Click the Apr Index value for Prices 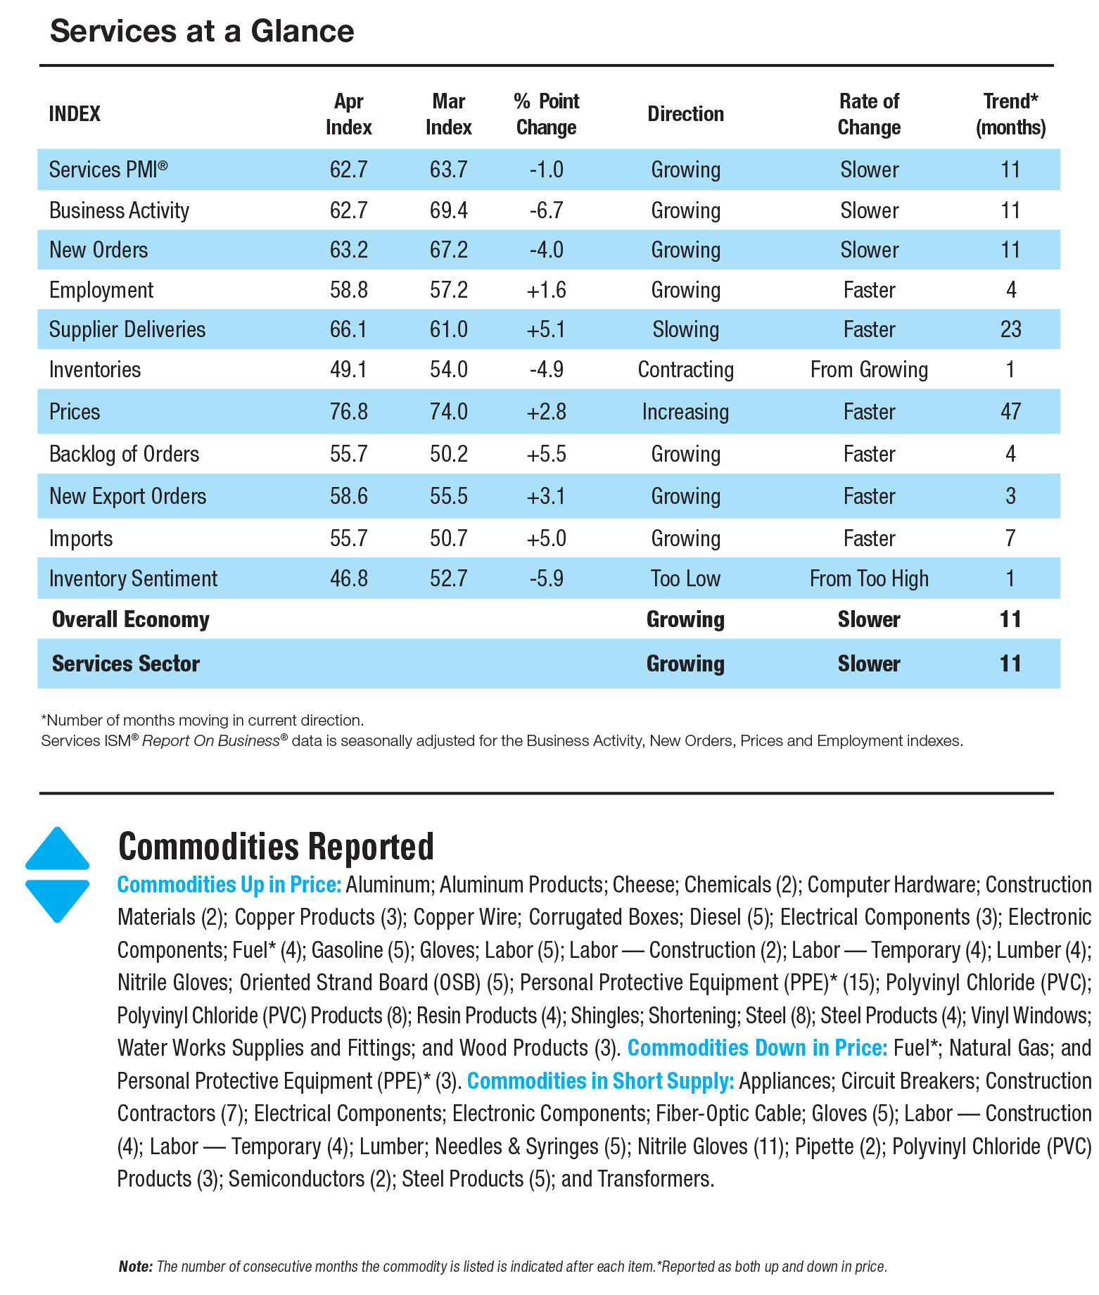coord(348,412)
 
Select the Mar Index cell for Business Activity coord(448,210)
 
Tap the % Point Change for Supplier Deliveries coord(546,329)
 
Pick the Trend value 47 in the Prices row coord(1010,412)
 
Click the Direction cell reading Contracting coord(685,369)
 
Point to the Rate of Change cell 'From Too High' coord(869,579)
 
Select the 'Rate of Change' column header coord(869,114)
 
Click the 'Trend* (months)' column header coord(1010,114)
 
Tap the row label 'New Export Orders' coord(127,496)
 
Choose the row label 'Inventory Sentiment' coord(133,579)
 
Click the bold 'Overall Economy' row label coord(131,619)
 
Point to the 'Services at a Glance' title coord(202,31)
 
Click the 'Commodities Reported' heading coord(276,847)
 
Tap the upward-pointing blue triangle coord(57,850)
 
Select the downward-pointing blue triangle coord(57,899)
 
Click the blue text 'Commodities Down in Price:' coord(757,1048)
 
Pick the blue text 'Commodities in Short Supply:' coord(600,1081)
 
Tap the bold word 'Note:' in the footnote coord(135,1267)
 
